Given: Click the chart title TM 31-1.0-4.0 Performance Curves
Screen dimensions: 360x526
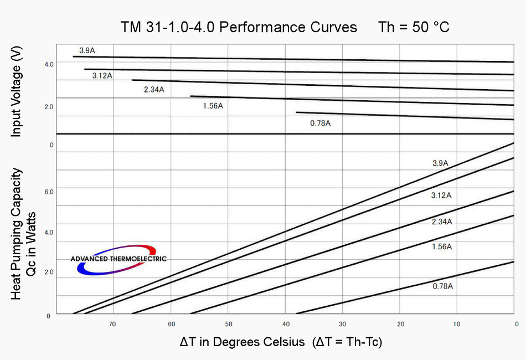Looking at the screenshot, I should click(x=239, y=27).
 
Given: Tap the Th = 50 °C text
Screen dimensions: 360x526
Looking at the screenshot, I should click(x=414, y=27).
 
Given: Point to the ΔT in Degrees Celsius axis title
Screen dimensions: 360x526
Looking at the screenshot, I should click(x=281, y=342).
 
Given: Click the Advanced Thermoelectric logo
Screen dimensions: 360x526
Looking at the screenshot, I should click(x=118, y=259).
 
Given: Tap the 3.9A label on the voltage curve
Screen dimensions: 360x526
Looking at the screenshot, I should click(x=87, y=50).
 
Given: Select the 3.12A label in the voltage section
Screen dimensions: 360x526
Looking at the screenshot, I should click(x=102, y=75).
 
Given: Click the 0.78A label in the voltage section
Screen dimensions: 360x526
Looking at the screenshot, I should click(x=320, y=123).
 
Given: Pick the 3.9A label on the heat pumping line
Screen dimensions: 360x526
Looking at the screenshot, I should click(x=441, y=163).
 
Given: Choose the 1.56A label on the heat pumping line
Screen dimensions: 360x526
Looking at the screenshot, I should click(x=442, y=246).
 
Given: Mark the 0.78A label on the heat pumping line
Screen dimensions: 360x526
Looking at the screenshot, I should click(x=443, y=286).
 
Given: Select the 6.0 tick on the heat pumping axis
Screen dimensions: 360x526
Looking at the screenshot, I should click(x=49, y=192).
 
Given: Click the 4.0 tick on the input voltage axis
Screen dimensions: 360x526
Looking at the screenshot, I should click(x=49, y=64).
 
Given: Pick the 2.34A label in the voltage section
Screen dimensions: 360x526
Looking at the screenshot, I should click(x=154, y=90).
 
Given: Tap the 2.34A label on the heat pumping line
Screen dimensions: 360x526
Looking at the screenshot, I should click(x=442, y=222).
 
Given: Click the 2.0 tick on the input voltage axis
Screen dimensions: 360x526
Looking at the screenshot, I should click(x=49, y=106).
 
